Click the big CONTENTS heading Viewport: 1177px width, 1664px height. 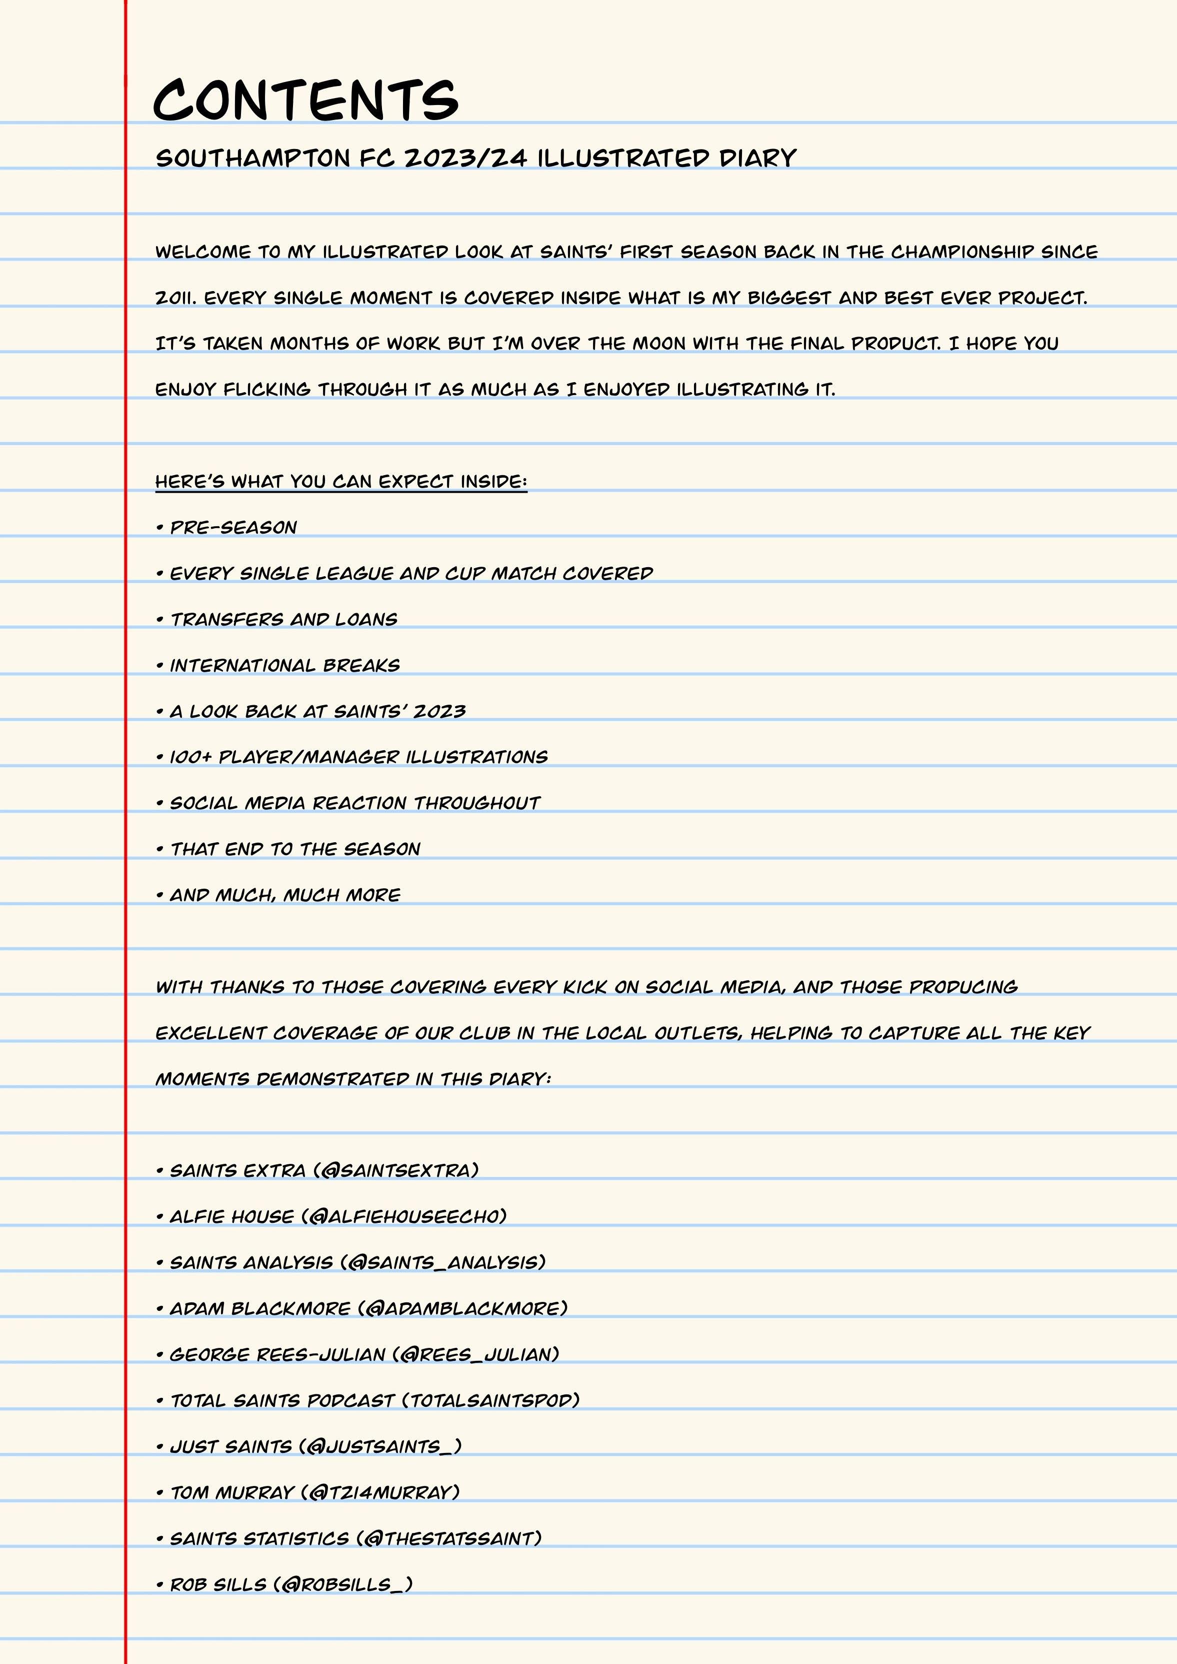coord(306,100)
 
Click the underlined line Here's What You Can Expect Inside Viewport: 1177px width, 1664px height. coord(340,482)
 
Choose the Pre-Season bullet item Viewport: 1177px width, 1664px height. coord(232,528)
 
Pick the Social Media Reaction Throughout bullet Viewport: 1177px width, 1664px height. coord(354,803)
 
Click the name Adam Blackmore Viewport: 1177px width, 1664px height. coord(259,1309)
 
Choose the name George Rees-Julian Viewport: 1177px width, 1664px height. coord(277,1354)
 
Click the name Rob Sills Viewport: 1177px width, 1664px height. coord(218,1585)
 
